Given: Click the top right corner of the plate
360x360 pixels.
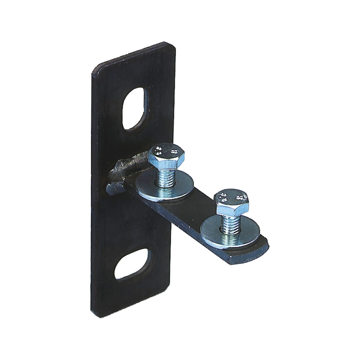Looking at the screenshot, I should (x=173, y=45).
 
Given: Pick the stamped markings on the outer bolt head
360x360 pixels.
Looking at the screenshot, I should (x=232, y=197).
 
